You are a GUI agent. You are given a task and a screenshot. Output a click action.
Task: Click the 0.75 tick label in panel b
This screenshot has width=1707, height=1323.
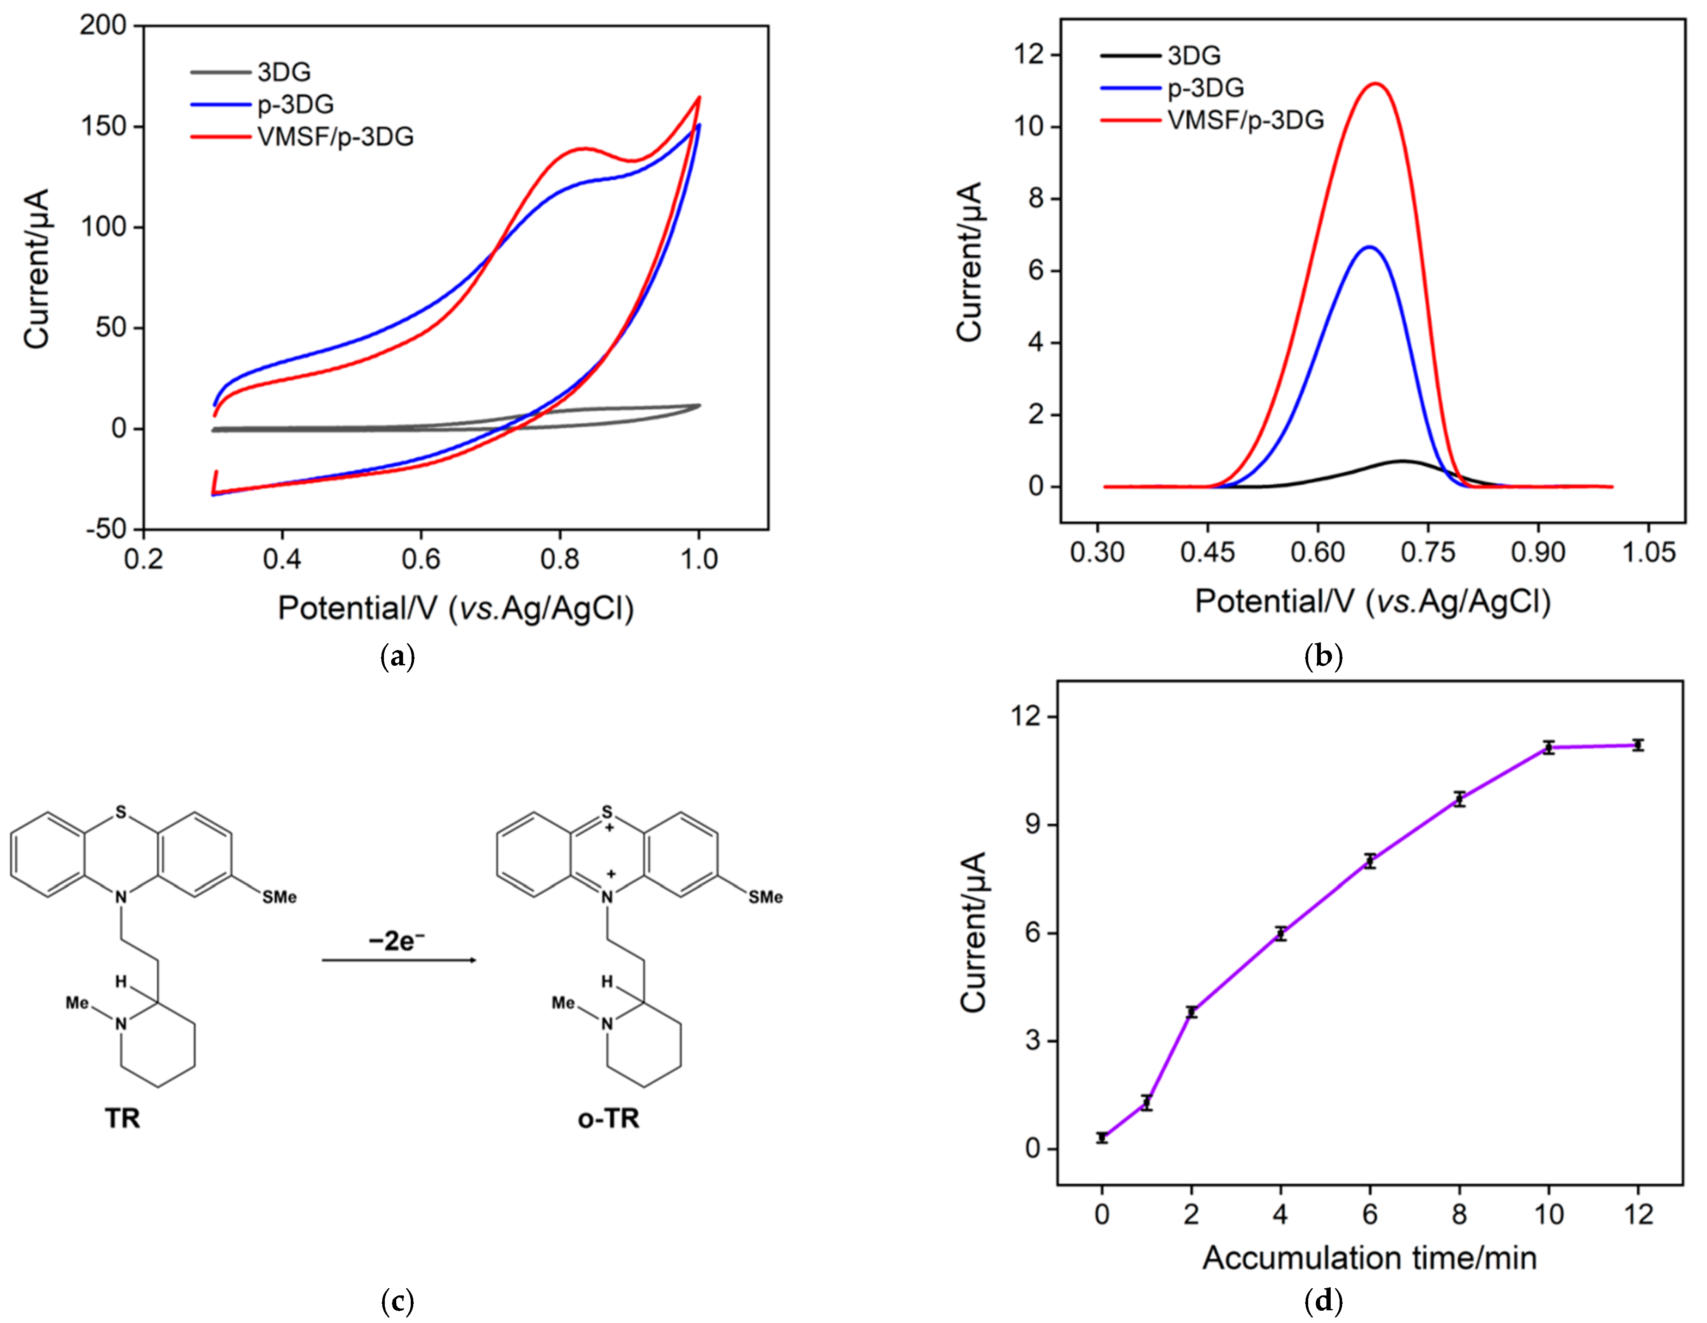click(x=1428, y=552)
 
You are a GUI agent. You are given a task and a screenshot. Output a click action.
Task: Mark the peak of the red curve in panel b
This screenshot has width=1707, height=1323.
click(x=1376, y=84)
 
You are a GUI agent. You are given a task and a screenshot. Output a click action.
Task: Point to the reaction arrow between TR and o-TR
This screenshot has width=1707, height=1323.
click(x=399, y=960)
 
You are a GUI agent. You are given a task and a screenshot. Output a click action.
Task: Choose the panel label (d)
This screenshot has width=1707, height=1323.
click(x=1323, y=1301)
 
